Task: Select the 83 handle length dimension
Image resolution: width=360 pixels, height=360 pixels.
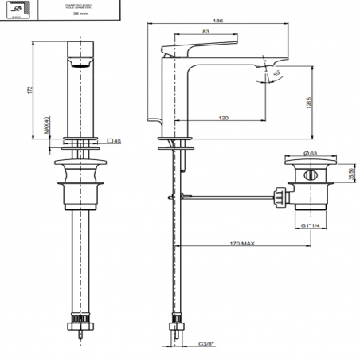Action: pyautogui.click(x=206, y=32)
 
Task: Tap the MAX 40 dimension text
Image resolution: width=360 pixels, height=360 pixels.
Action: pyautogui.click(x=47, y=124)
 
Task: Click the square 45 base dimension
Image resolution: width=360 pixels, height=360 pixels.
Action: pyautogui.click(x=113, y=142)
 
